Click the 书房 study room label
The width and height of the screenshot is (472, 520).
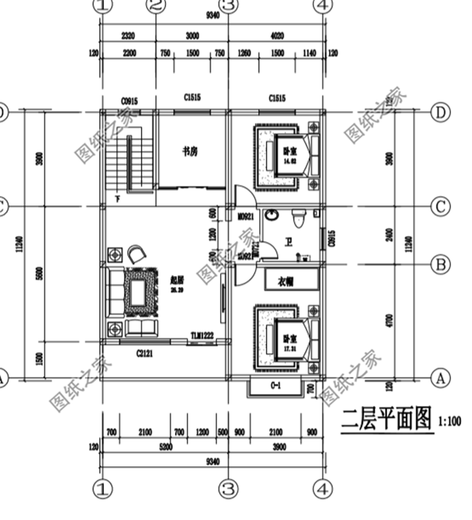pos(190,151)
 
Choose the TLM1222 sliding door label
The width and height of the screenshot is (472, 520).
pos(203,336)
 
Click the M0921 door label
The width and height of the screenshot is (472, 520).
pos(245,216)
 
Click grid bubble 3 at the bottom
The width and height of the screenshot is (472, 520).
pos(229,489)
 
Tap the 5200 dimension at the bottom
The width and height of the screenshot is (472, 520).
pos(166,448)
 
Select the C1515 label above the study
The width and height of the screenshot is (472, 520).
pos(192,98)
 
